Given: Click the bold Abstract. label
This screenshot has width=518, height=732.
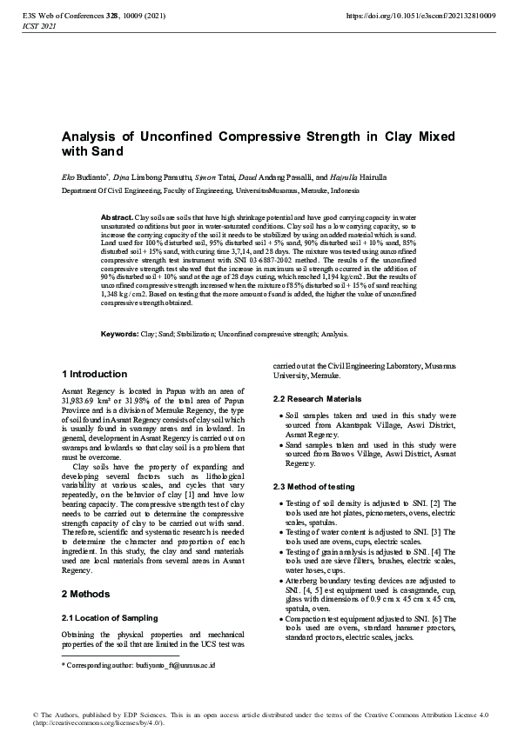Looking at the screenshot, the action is (117, 216).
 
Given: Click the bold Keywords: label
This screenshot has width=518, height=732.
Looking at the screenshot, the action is (119, 334).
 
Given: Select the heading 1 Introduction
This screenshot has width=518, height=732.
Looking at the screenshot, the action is (94, 374).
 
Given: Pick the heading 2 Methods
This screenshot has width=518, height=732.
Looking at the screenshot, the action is (86, 594).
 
